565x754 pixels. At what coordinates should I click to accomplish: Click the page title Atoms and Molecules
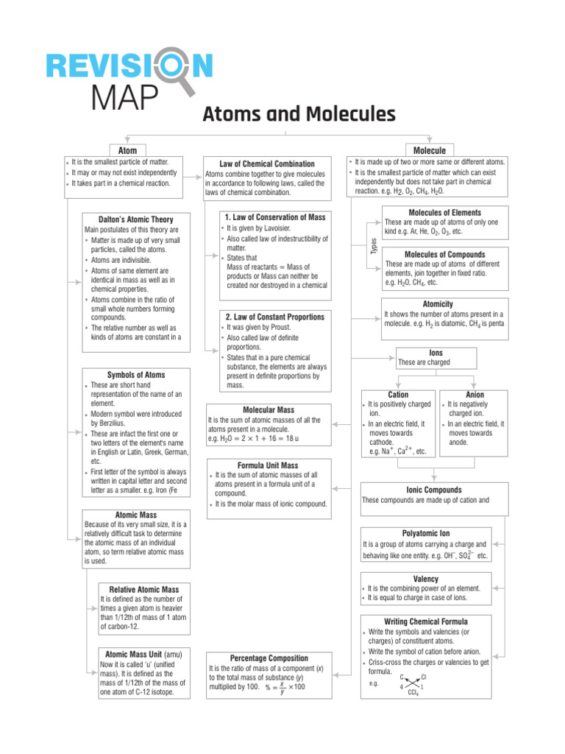[x=299, y=114]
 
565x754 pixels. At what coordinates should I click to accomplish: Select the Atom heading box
[x=127, y=149]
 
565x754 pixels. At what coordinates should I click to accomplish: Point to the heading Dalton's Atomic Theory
[x=136, y=219]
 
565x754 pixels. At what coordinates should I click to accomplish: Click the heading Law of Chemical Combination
[x=267, y=163]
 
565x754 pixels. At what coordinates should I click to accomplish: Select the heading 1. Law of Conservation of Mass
[x=274, y=217]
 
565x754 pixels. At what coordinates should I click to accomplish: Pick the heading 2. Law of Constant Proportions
[x=274, y=316]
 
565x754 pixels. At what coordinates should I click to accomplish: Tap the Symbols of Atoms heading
[x=136, y=375]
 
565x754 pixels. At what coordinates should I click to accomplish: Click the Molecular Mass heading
[x=269, y=409]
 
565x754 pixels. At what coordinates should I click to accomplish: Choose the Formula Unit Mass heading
[x=268, y=465]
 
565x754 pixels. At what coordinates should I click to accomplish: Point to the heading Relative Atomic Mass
[x=144, y=590]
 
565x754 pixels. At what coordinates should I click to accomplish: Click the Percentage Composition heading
[x=269, y=658]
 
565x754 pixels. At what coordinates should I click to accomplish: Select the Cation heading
[x=398, y=395]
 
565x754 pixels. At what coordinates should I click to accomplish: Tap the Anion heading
[x=475, y=395]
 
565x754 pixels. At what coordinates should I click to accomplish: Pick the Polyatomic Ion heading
[x=426, y=532]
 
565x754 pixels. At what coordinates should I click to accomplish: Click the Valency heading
[x=426, y=579]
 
